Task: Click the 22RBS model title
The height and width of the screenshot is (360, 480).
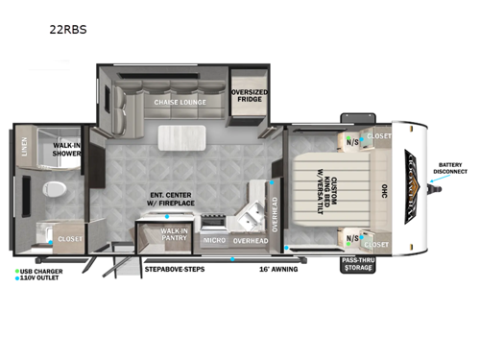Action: click(x=67, y=29)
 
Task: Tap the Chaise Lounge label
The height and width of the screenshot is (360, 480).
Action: click(x=167, y=101)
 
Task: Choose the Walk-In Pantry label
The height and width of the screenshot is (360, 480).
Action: click(x=174, y=233)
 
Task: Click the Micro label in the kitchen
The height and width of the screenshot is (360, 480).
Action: click(x=213, y=241)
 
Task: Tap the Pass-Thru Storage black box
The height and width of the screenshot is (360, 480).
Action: click(x=356, y=264)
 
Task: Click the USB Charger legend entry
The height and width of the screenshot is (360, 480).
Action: click(x=41, y=272)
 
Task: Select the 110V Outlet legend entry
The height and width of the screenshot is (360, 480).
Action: click(x=41, y=280)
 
